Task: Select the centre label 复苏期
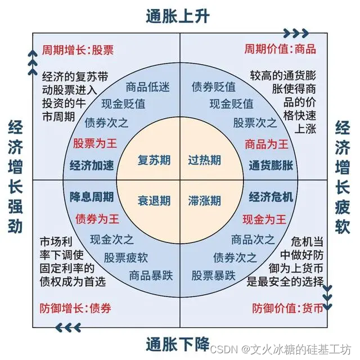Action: (x=154, y=160)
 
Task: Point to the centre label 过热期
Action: (x=204, y=160)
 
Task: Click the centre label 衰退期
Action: (x=154, y=200)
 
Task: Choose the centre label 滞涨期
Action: (x=204, y=200)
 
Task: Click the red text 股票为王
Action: (x=93, y=143)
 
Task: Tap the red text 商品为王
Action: (x=267, y=143)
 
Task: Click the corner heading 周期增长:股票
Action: (x=78, y=49)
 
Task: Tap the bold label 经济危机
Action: (x=271, y=197)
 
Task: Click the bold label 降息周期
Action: (x=92, y=197)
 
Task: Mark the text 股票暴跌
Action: (x=213, y=276)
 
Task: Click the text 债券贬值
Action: (x=214, y=87)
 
